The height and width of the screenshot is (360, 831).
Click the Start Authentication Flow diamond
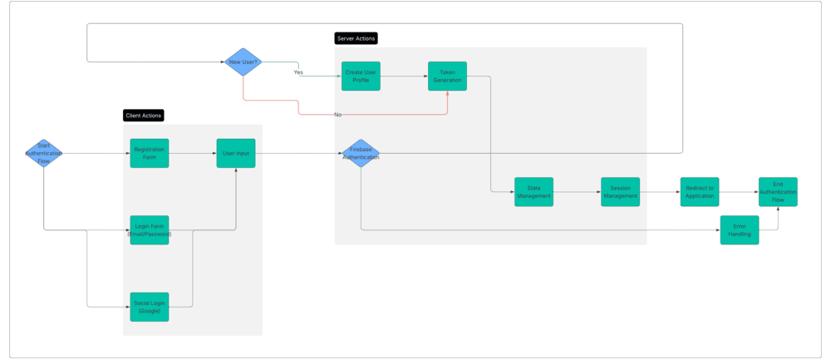tap(43, 153)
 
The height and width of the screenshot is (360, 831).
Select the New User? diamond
tap(243, 62)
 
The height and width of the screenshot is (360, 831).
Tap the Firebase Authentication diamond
tap(361, 153)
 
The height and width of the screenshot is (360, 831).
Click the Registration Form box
tap(150, 153)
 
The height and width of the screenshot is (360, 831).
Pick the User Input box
tap(236, 153)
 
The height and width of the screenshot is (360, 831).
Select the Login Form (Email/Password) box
tap(150, 229)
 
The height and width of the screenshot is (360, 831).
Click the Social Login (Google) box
tap(150, 307)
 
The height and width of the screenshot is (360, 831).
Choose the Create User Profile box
tap(361, 76)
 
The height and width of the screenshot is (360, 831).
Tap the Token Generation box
tap(447, 76)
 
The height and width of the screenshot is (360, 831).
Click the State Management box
tap(534, 191)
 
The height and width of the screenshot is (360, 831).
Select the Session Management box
tap(620, 191)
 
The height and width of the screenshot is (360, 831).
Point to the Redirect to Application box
tap(699, 191)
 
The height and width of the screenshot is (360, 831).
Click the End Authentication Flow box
tap(778, 191)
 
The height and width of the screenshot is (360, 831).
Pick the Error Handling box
tap(740, 229)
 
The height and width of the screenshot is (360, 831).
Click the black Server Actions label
tap(356, 38)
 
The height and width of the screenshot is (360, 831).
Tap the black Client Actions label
tap(144, 116)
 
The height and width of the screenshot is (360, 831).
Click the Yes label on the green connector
tap(298, 72)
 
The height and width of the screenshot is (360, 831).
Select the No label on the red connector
tap(337, 114)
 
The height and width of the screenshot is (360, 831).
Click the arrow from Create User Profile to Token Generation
tap(404, 76)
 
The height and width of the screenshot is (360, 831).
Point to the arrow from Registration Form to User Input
tap(193, 153)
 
